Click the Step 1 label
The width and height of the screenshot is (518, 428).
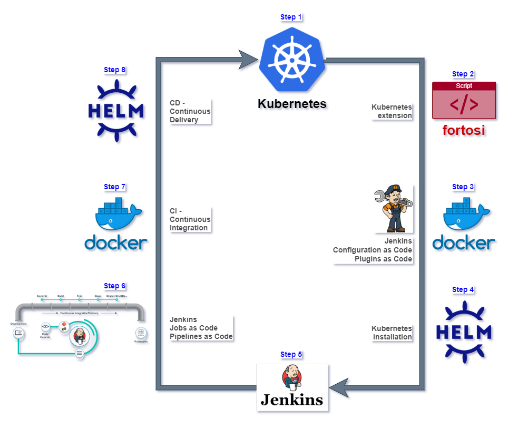291,17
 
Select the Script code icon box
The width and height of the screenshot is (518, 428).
464,101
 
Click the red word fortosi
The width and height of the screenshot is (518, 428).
464,130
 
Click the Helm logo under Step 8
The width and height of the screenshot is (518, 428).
115,111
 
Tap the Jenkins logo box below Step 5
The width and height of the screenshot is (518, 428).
292,388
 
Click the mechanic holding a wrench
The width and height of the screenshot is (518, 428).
394,209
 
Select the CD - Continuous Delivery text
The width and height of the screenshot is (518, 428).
190,111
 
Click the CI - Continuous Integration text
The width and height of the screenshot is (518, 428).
190,219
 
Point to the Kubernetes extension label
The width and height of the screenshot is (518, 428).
392,111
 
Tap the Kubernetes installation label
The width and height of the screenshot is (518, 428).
392,333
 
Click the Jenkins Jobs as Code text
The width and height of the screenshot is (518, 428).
201,328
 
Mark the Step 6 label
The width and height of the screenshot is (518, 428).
115,286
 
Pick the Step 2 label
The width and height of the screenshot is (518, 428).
463,74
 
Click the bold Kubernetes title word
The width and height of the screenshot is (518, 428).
292,103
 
